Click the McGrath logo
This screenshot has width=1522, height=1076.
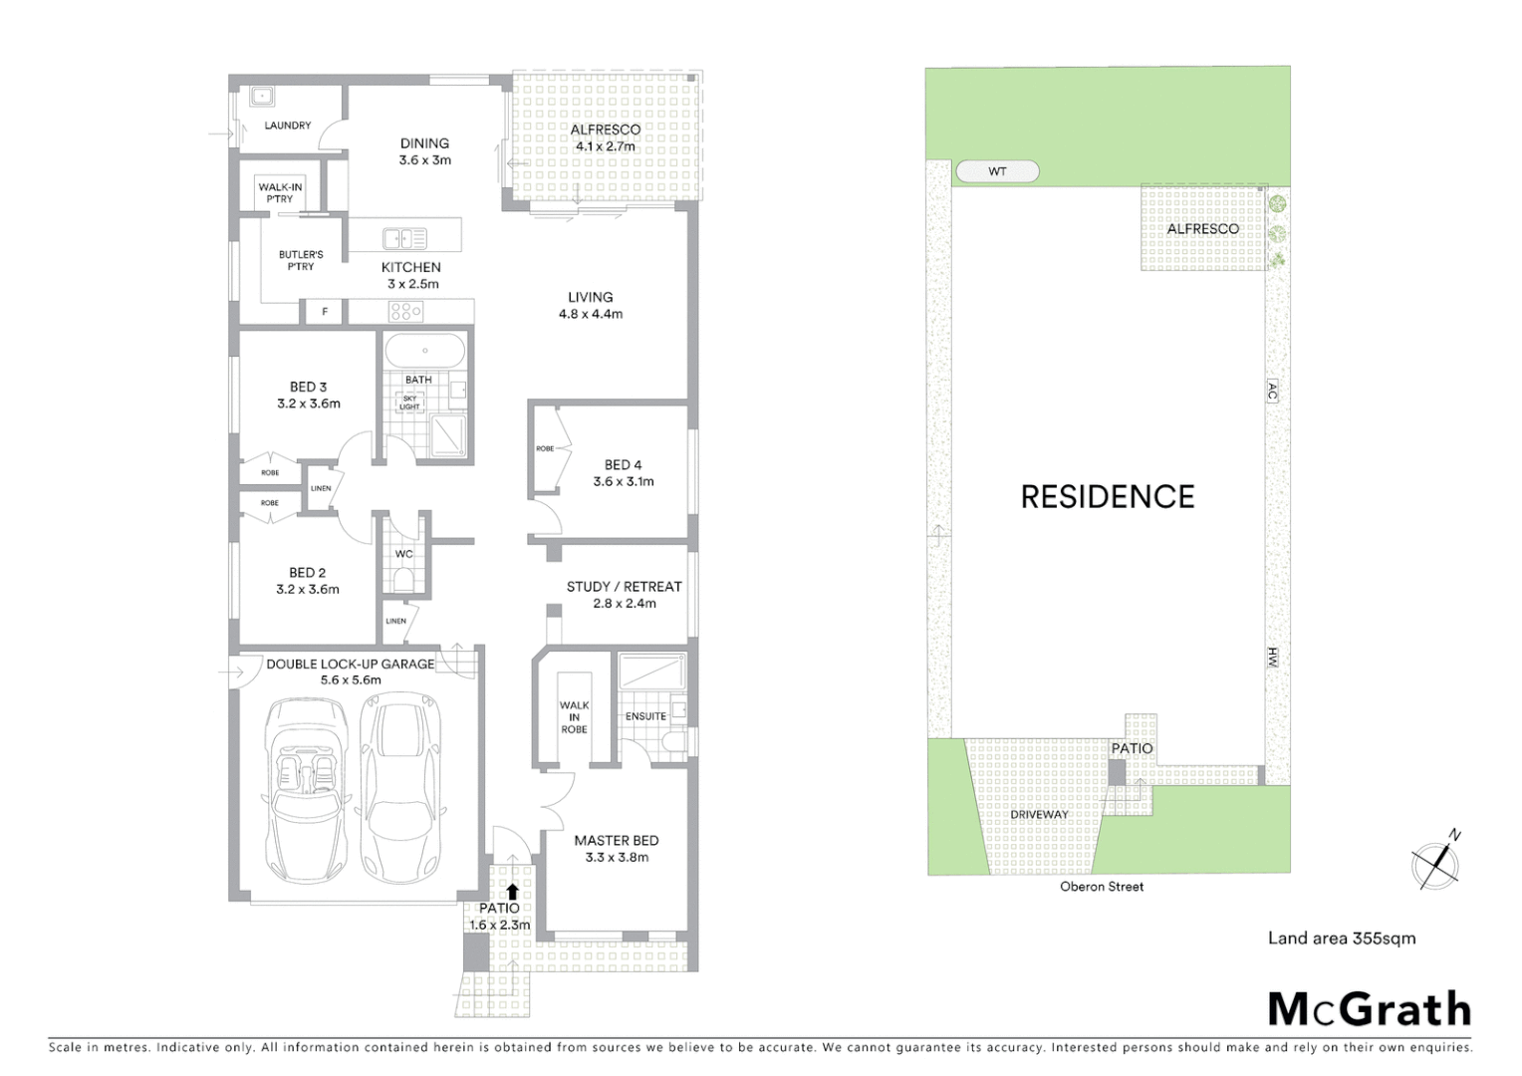coord(1370,1009)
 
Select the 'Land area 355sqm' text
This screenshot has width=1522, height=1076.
coord(1341,938)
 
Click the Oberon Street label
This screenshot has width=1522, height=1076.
coord(1102,886)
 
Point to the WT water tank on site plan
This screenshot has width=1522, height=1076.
coord(997,171)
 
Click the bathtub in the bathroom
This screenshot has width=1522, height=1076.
coord(424,352)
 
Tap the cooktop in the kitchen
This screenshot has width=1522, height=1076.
coord(405,312)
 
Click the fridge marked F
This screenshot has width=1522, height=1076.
coord(324,312)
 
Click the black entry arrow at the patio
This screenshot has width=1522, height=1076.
coord(512,892)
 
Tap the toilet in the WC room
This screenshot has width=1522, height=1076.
coord(403,580)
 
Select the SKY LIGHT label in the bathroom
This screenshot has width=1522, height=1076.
coord(409,403)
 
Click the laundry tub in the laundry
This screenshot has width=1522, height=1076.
coord(262,97)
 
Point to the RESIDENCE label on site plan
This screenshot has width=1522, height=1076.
coord(1107,496)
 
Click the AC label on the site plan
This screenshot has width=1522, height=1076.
coord(1272,391)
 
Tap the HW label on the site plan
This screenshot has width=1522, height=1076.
coord(1272,657)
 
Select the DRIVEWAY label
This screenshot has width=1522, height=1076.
coord(1039,814)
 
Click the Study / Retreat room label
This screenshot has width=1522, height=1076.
coord(624,594)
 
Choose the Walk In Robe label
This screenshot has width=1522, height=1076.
coord(574,717)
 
